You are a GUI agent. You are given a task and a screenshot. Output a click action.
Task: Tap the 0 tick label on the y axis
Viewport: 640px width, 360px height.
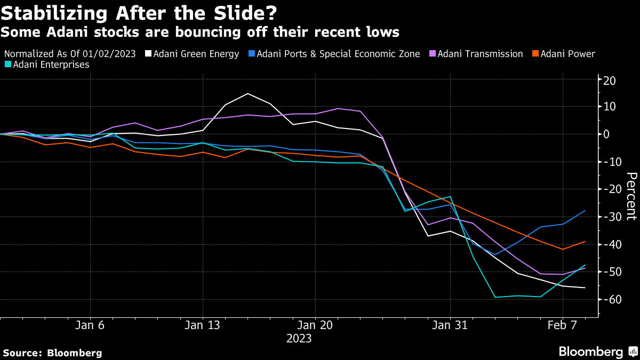(x=606, y=134)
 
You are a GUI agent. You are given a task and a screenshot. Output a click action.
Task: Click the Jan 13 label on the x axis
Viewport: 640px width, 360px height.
(x=203, y=325)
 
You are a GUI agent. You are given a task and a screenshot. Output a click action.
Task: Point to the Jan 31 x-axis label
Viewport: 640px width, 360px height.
(x=450, y=325)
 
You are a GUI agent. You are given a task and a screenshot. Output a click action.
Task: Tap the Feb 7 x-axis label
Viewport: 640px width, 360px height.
(x=562, y=325)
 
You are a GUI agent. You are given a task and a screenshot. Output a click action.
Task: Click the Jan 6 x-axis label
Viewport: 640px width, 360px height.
(x=90, y=325)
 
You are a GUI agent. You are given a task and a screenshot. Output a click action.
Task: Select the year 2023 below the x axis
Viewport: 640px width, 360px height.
(x=299, y=338)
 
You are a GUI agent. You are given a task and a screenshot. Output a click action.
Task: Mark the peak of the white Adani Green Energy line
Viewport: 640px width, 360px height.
(x=248, y=94)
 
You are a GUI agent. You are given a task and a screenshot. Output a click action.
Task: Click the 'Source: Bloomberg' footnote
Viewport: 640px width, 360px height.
(x=52, y=353)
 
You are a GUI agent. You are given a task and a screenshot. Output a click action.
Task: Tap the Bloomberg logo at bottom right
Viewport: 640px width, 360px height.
(x=597, y=351)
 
